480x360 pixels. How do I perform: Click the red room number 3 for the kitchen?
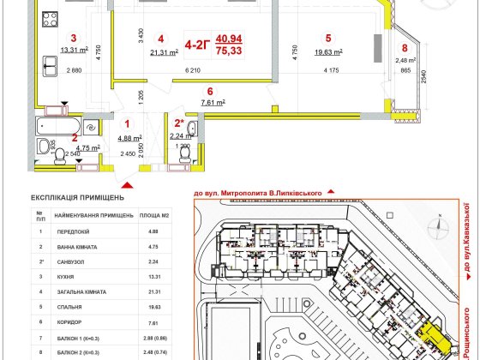[x=74, y=38]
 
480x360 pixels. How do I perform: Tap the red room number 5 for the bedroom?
[x=328, y=38]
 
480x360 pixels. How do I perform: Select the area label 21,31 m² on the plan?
[x=164, y=52]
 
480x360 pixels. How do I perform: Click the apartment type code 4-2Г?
[x=195, y=39]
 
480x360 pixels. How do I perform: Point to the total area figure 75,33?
[x=228, y=51]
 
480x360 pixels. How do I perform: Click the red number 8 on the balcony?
[x=405, y=48]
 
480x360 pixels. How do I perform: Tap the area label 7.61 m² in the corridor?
[x=212, y=102]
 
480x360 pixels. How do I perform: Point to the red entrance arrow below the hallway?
[x=128, y=182]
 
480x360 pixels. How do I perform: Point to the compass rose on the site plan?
[x=439, y=227]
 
